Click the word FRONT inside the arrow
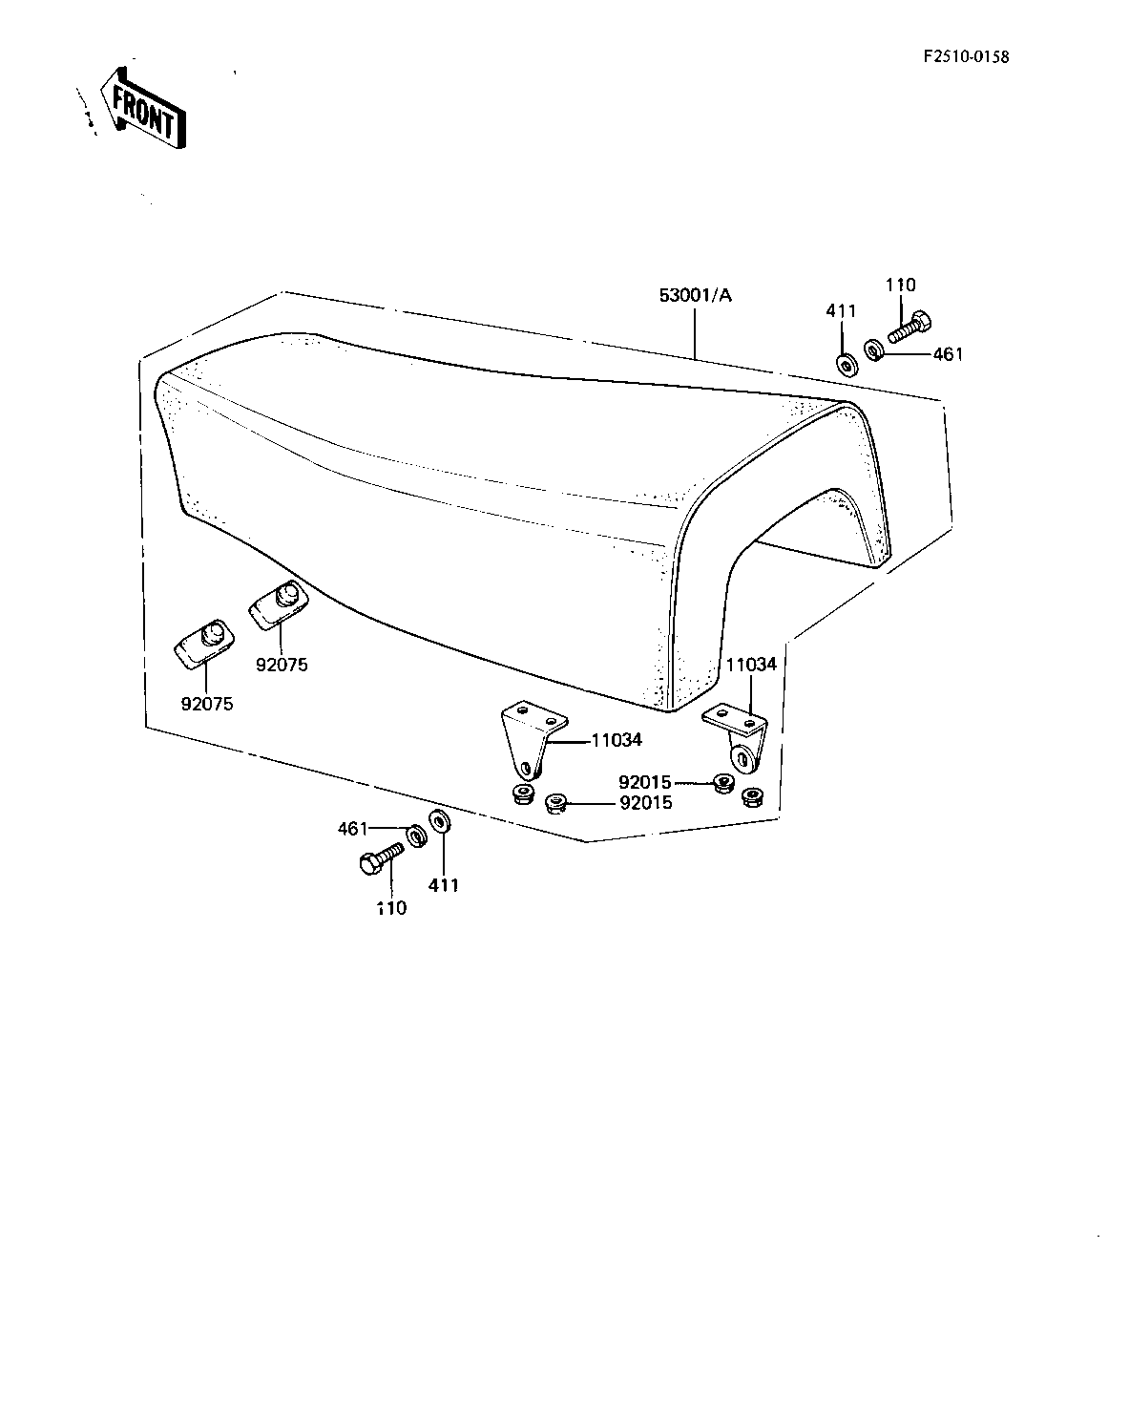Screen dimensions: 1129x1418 143,112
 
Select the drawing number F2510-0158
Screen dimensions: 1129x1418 966,56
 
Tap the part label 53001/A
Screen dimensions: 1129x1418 696,295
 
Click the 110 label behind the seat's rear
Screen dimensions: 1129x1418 901,285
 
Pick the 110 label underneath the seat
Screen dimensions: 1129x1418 392,908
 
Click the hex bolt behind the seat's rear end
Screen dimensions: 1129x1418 909,328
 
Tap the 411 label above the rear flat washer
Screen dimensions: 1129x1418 841,311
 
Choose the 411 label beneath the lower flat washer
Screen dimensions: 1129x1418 444,885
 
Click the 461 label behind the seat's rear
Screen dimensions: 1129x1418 948,354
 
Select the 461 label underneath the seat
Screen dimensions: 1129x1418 353,829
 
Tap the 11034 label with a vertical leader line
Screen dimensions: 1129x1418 752,665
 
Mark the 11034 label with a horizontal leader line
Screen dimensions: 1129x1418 617,740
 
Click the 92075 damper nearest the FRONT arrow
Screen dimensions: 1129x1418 204,644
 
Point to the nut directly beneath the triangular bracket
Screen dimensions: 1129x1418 524,794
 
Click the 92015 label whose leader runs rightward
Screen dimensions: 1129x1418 645,782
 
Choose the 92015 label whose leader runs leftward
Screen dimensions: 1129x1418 646,802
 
